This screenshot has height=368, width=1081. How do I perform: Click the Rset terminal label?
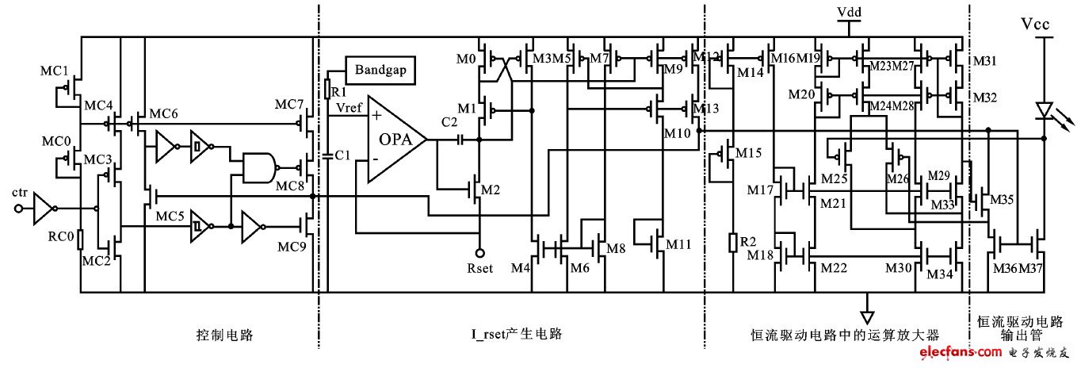[x=480, y=267]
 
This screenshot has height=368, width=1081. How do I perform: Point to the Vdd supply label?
[x=850, y=13]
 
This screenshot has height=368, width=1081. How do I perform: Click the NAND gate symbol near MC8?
[x=262, y=167]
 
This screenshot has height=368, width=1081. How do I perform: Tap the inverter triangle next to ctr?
[x=44, y=209]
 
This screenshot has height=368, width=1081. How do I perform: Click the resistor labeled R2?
[x=731, y=242]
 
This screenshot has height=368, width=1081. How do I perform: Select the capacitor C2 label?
[x=449, y=125]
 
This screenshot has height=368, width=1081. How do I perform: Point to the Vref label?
[x=350, y=106]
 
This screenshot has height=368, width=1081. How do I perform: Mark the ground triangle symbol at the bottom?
[x=868, y=304]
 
